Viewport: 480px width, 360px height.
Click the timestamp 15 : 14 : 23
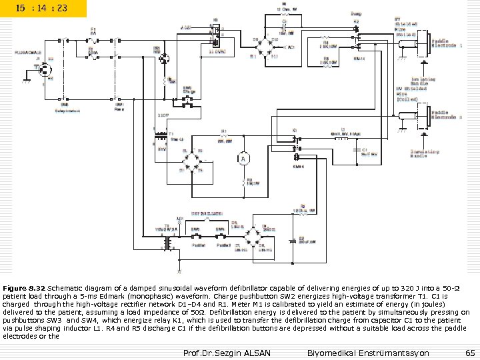(43, 9)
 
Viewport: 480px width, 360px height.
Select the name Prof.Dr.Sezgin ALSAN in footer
(227, 351)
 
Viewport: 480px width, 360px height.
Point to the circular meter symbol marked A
(243, 159)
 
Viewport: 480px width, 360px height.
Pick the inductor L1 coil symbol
(340, 139)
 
